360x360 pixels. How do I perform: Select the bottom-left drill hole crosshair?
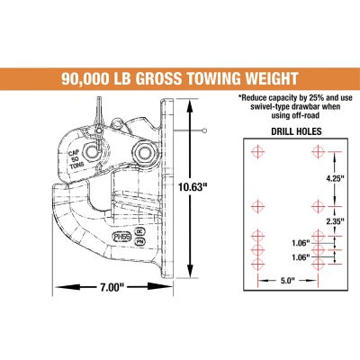pos(258,265)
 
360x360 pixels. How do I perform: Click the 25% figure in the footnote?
pos(306,97)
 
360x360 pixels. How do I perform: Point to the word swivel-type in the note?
pos(262,107)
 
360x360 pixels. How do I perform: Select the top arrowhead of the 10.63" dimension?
pos(191,103)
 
